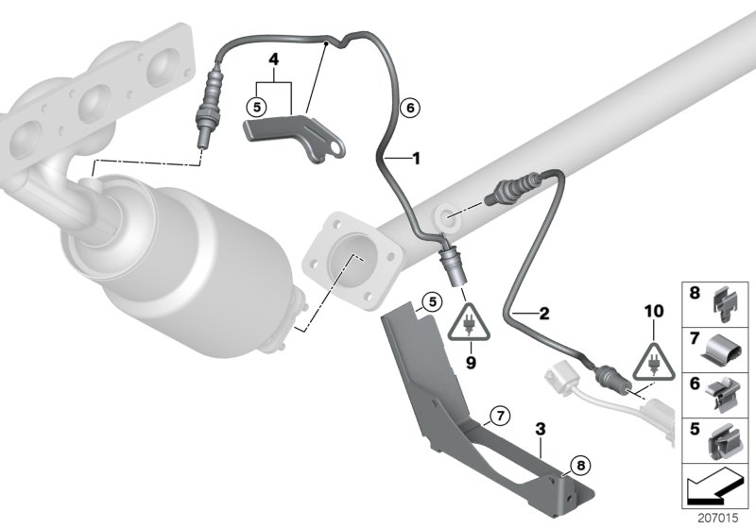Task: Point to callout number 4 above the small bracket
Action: coord(273,59)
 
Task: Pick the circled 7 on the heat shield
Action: coord(498,413)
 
